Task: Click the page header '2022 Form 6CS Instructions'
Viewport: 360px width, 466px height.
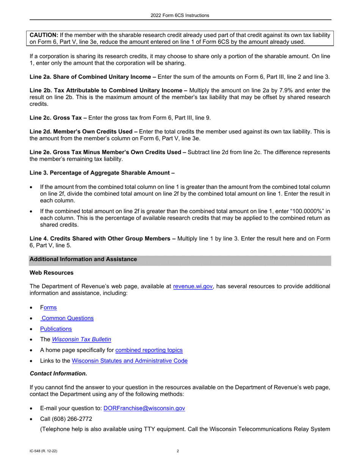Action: (180, 16)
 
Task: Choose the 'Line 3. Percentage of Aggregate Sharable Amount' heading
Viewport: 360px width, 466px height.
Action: (102, 173)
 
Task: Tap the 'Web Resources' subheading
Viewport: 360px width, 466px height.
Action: (52, 273)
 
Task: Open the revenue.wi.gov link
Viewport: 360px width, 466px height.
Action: (193, 286)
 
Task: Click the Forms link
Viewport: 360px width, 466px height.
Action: (49, 308)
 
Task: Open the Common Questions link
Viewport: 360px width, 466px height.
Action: (67, 318)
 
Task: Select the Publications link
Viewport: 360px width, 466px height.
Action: (56, 329)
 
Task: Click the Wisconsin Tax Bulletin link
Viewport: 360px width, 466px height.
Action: (81, 339)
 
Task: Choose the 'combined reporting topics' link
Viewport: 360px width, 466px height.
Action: (149, 350)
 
